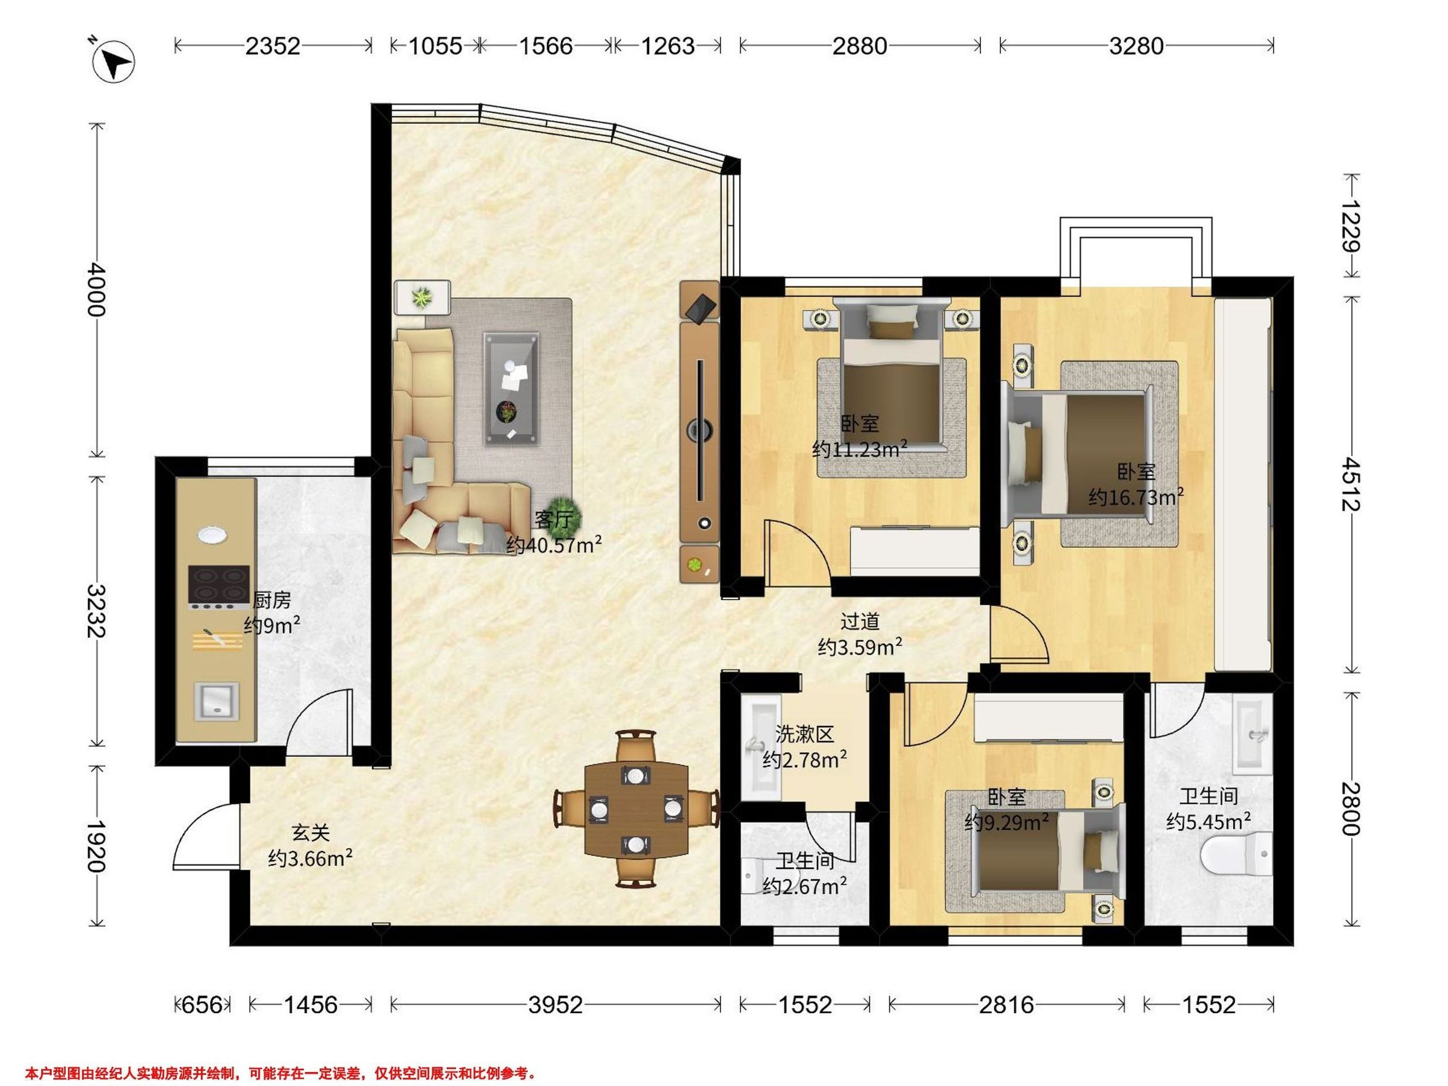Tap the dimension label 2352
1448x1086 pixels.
point(272,46)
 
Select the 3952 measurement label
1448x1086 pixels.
point(555,1004)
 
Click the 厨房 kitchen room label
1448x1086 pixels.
point(271,599)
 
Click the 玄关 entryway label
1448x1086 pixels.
point(310,833)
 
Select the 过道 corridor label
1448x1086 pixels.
point(860,621)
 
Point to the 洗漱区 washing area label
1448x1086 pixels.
point(804,734)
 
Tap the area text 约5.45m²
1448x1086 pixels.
point(1209,821)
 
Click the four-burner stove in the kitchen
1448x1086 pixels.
point(218,587)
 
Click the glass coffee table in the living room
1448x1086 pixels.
point(511,388)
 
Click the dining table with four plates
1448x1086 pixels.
point(636,810)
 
